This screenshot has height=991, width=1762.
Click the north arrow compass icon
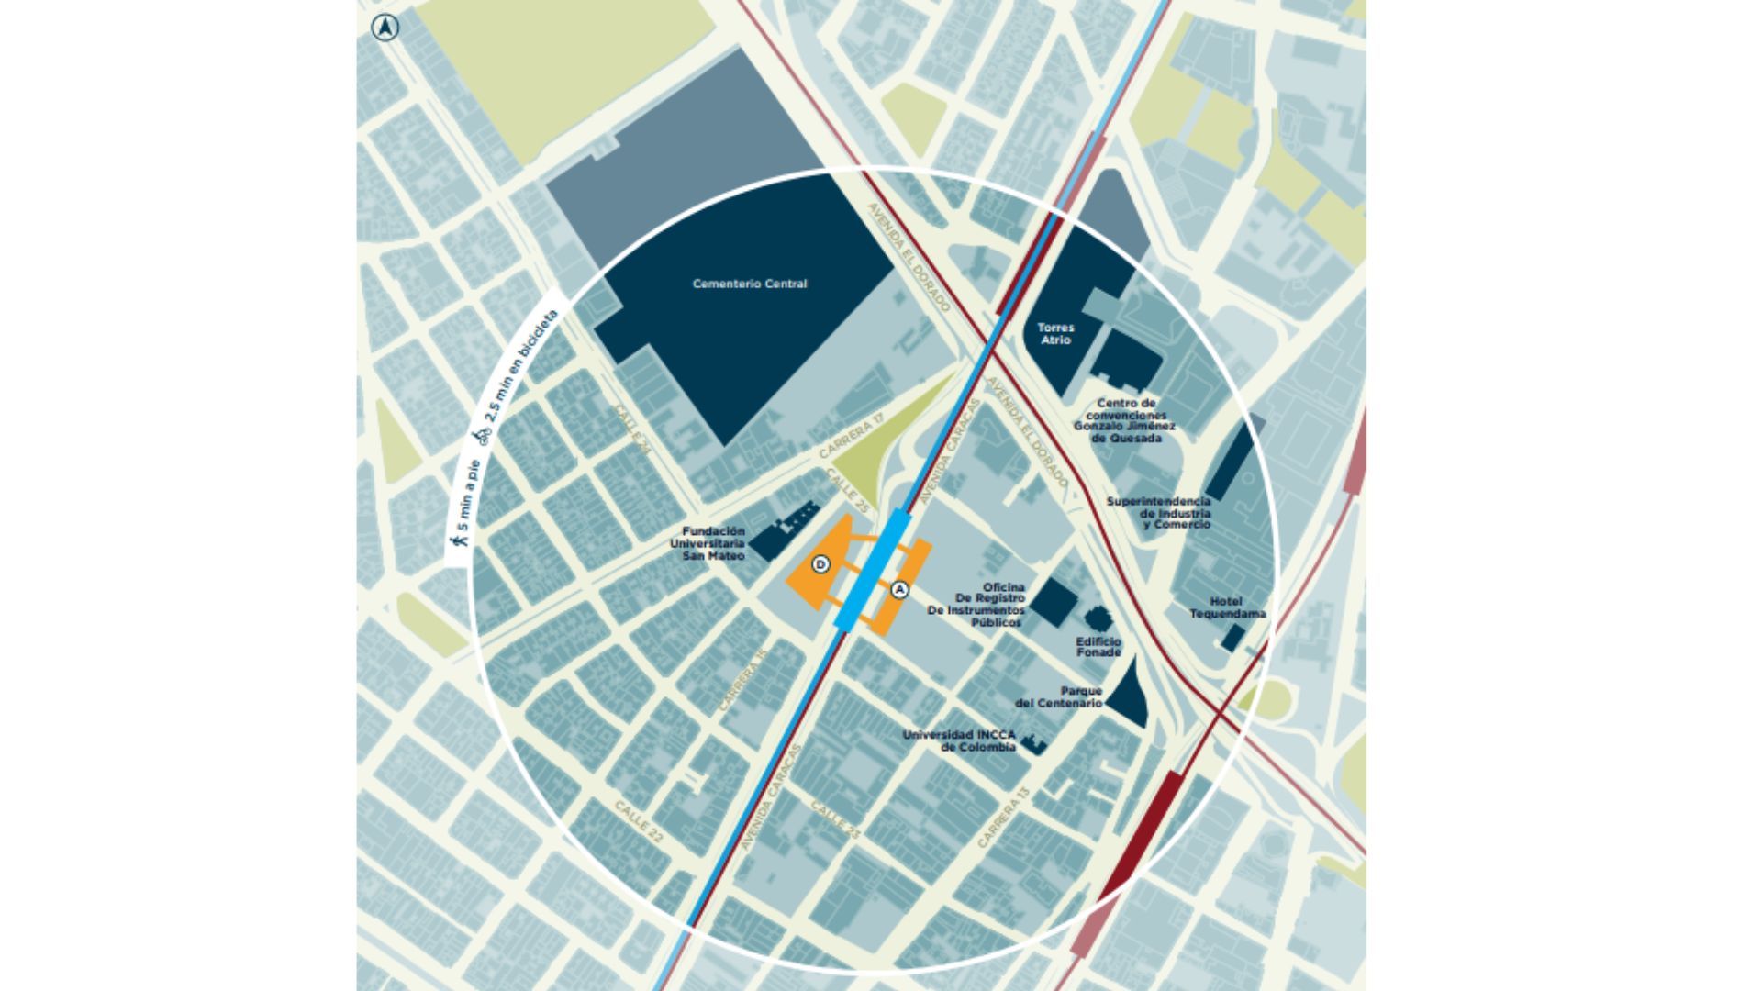[385, 28]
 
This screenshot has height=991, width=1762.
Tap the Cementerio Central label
[750, 284]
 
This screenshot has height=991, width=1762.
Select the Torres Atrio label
[1055, 334]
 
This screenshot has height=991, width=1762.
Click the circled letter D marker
[821, 564]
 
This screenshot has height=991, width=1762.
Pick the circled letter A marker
[899, 590]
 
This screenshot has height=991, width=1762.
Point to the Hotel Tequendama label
[1227, 608]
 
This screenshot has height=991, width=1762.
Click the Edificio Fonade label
[1098, 647]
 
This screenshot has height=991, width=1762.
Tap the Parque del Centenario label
[1059, 697]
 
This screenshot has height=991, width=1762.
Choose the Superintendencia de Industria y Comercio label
[1158, 513]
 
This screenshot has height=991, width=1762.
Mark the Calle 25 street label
[847, 490]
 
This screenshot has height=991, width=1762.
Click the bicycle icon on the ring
[483, 436]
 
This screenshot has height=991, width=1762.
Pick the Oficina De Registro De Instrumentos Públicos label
[976, 605]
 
